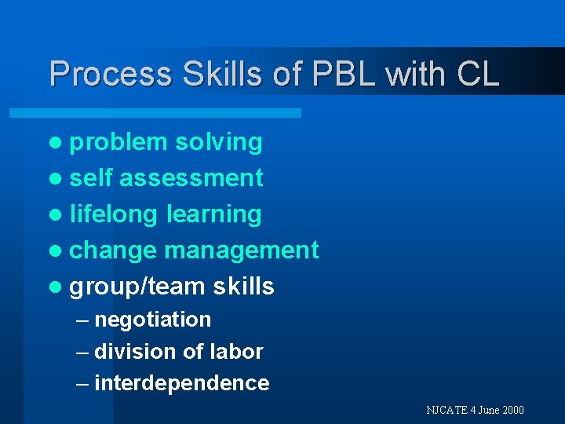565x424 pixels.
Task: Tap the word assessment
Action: [x=191, y=178]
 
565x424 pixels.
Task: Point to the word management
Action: [x=242, y=250]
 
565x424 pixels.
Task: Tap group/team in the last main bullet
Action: [x=138, y=287]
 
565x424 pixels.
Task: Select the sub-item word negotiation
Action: [x=152, y=320]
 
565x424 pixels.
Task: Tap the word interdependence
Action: [x=181, y=383]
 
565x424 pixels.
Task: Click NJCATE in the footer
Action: [x=446, y=410]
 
